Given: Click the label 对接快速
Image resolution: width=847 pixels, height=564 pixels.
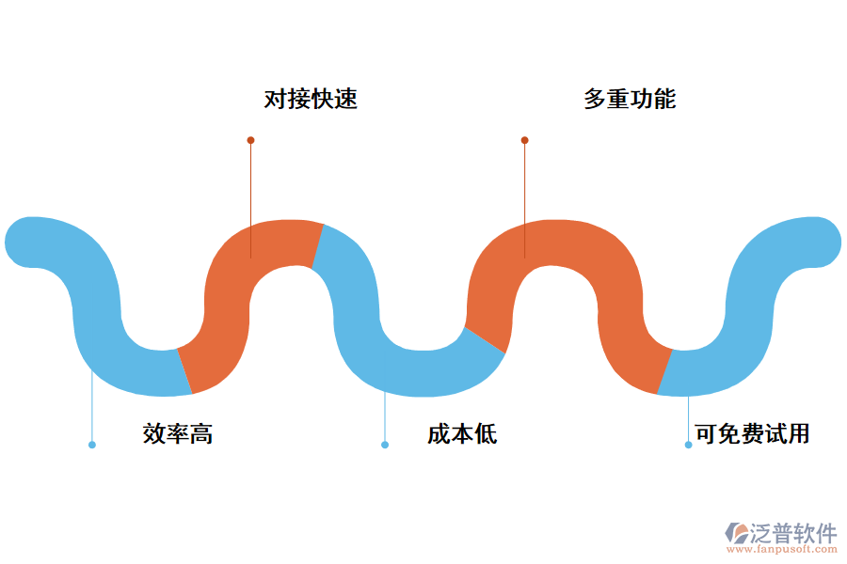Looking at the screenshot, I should click(x=311, y=99).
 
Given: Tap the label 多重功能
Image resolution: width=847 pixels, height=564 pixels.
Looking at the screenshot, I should click(x=630, y=99).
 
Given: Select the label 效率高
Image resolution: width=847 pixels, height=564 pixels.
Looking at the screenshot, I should click(x=178, y=433).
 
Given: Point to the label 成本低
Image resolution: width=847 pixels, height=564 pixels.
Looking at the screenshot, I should click(x=462, y=433).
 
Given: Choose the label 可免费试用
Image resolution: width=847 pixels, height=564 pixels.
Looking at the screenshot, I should click(x=752, y=433).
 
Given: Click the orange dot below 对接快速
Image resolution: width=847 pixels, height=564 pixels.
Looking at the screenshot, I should click(x=250, y=140).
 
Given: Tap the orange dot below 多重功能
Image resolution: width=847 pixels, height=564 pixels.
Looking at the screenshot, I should click(x=524, y=140).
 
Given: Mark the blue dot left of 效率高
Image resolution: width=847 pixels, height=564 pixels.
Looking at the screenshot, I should click(x=91, y=445).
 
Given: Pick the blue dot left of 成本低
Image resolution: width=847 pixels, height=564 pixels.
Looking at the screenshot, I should click(x=384, y=445).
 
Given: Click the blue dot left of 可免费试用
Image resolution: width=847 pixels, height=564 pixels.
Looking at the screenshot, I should click(x=688, y=445).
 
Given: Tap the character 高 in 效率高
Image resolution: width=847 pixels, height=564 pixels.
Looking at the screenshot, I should click(x=201, y=433).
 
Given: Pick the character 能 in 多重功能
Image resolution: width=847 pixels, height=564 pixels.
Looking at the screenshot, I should click(x=664, y=99).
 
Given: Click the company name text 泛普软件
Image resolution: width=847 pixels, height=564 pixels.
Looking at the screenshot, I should click(x=792, y=534).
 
